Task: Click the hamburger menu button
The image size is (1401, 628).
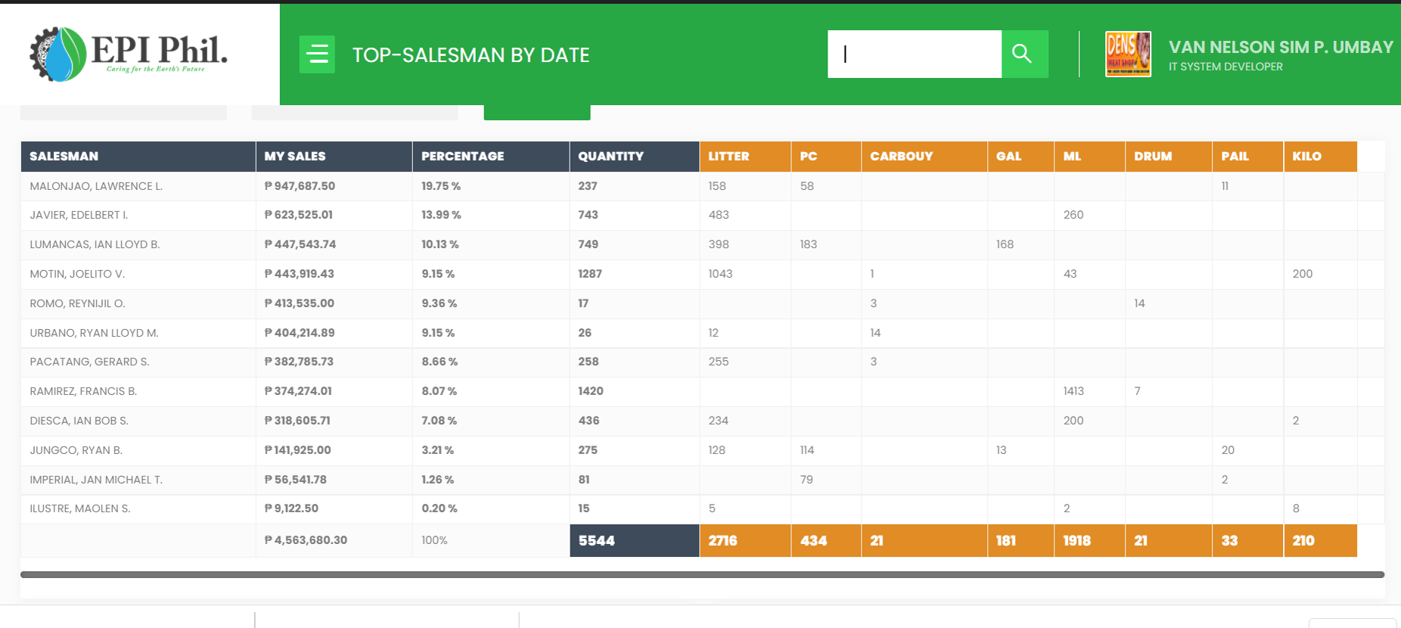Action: [317, 54]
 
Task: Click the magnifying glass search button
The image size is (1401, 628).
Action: [1024, 54]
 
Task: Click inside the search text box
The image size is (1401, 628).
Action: [915, 54]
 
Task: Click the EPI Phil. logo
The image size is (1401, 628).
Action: [129, 54]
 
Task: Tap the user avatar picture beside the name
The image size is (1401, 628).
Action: [1128, 54]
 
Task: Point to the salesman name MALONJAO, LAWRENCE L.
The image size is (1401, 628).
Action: [96, 186]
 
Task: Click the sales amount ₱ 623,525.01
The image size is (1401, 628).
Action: [299, 215]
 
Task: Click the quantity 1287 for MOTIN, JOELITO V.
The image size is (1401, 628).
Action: [590, 274]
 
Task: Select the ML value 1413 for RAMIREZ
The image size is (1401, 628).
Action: [1073, 391]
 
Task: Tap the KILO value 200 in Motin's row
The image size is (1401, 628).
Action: [1303, 274]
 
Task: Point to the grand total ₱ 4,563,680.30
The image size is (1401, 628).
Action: [306, 540]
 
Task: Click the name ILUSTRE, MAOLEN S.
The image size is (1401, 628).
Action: [80, 508]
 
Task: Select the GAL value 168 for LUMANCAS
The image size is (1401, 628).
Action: [1005, 244]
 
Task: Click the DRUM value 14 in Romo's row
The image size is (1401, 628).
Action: [1139, 303]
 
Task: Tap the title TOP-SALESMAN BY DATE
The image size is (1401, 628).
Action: [471, 55]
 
